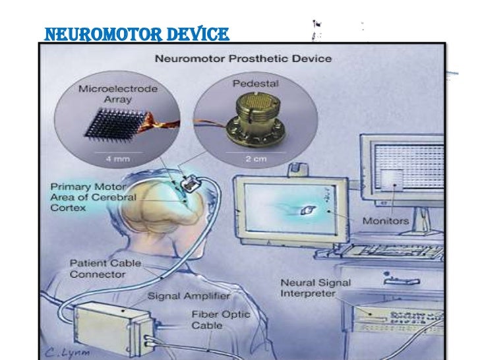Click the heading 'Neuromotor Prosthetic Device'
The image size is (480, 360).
(243, 59)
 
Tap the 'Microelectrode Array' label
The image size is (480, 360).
(106, 95)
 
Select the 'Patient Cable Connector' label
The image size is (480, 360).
(105, 268)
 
